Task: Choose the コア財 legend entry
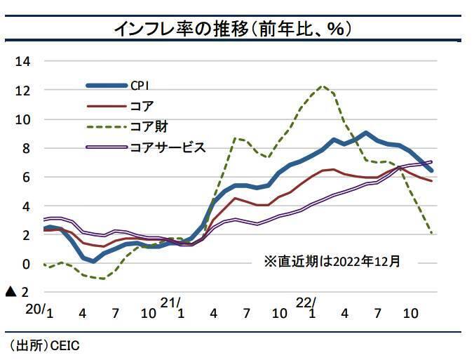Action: point(148,127)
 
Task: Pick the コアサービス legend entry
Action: point(168,147)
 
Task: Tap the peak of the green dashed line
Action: point(323,86)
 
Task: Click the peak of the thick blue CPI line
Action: point(366,133)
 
